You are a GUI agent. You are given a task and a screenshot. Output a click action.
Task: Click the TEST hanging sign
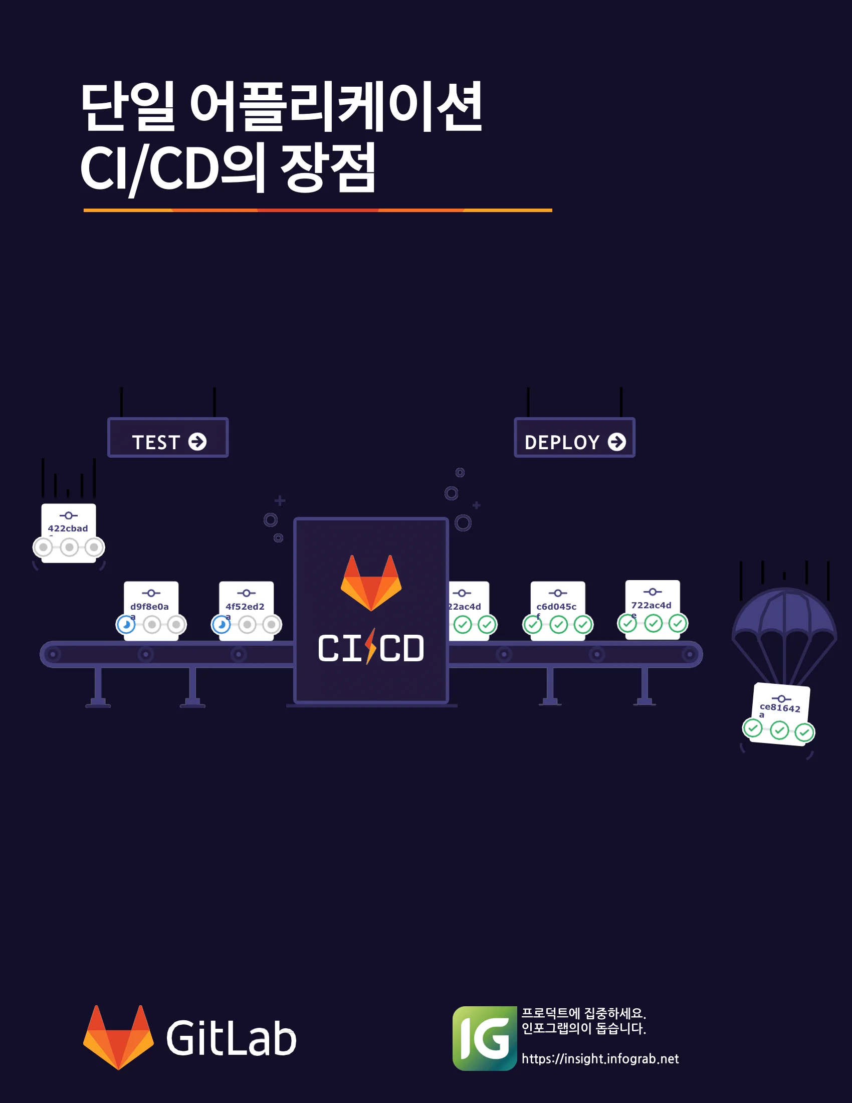[167, 438]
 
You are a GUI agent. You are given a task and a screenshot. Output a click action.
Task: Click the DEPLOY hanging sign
[574, 438]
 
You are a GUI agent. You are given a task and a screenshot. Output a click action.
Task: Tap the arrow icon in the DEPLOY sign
[616, 442]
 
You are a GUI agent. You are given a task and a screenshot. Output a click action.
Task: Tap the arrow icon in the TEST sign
[197, 442]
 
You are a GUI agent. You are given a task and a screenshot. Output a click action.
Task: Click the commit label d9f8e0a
[149, 607]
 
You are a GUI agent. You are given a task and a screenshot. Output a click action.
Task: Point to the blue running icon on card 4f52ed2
[221, 625]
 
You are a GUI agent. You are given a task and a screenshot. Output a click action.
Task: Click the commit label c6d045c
[556, 607]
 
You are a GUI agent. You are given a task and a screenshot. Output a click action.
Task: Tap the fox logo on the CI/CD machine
[371, 582]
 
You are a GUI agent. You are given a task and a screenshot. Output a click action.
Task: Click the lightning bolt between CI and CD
[371, 646]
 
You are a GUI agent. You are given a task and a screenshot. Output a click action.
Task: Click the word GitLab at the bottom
[231, 1038]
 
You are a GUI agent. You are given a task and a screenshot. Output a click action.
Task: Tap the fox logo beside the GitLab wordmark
[118, 1037]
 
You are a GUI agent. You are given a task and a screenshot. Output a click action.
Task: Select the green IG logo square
[484, 1038]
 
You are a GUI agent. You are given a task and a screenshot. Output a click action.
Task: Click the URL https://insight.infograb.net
[600, 1059]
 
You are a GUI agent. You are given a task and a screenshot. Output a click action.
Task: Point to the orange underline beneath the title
[317, 210]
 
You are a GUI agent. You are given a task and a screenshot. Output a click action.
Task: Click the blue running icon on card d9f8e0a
[126, 625]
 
